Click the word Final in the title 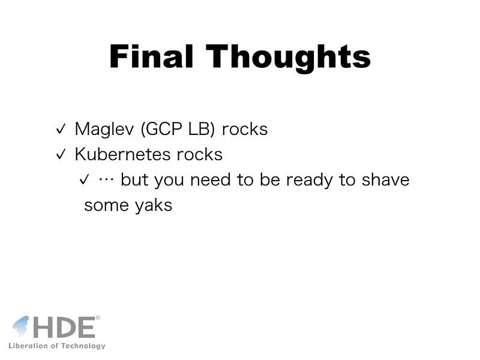151,56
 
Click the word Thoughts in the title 289,58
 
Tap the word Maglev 104,129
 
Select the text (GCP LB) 178,129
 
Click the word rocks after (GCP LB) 245,129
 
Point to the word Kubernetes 123,154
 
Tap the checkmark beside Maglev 61,129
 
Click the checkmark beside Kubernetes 61,154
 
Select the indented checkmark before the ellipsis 84,179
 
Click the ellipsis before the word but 106,180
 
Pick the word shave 385,179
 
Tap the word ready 309,180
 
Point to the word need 211,179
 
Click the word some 107,206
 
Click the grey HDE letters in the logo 65,328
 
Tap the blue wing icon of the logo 21,326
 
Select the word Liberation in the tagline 28,346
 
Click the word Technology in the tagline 83,346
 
